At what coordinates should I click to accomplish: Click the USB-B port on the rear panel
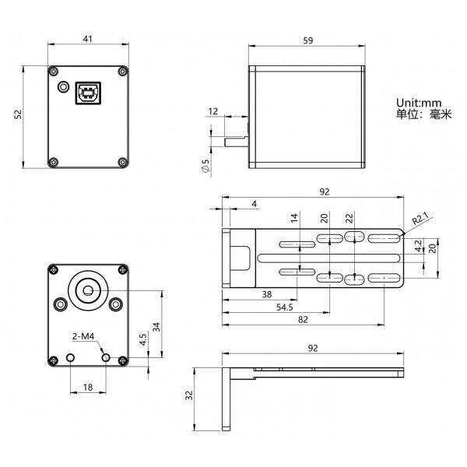point(88,93)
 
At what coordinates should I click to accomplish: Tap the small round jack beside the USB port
point(63,87)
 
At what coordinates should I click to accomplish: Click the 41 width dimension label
point(87,39)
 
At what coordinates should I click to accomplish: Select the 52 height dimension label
point(18,114)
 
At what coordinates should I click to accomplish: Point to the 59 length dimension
point(308,40)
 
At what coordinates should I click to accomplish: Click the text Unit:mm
point(419,103)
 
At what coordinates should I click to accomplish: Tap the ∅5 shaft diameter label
point(205,166)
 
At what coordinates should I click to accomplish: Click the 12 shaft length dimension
point(213,111)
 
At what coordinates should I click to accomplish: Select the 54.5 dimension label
point(284,307)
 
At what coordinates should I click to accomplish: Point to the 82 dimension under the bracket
point(303,320)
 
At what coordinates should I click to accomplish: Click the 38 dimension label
point(267,294)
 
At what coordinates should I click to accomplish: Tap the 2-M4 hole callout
point(83,336)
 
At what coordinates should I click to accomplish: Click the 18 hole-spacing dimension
point(87,387)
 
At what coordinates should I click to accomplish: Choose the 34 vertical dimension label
point(156,327)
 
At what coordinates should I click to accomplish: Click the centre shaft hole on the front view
point(88,290)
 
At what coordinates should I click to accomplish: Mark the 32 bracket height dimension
point(189,395)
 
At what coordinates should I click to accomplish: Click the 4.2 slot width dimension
point(419,246)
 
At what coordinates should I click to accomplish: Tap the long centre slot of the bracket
point(328,258)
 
